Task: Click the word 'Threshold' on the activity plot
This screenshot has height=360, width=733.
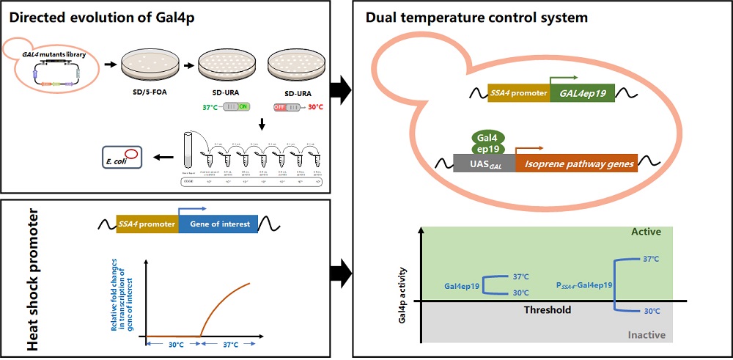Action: click(x=547, y=310)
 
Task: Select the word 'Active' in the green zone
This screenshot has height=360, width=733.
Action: click(x=646, y=232)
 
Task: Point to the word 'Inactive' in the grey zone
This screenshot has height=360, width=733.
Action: click(x=647, y=334)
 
